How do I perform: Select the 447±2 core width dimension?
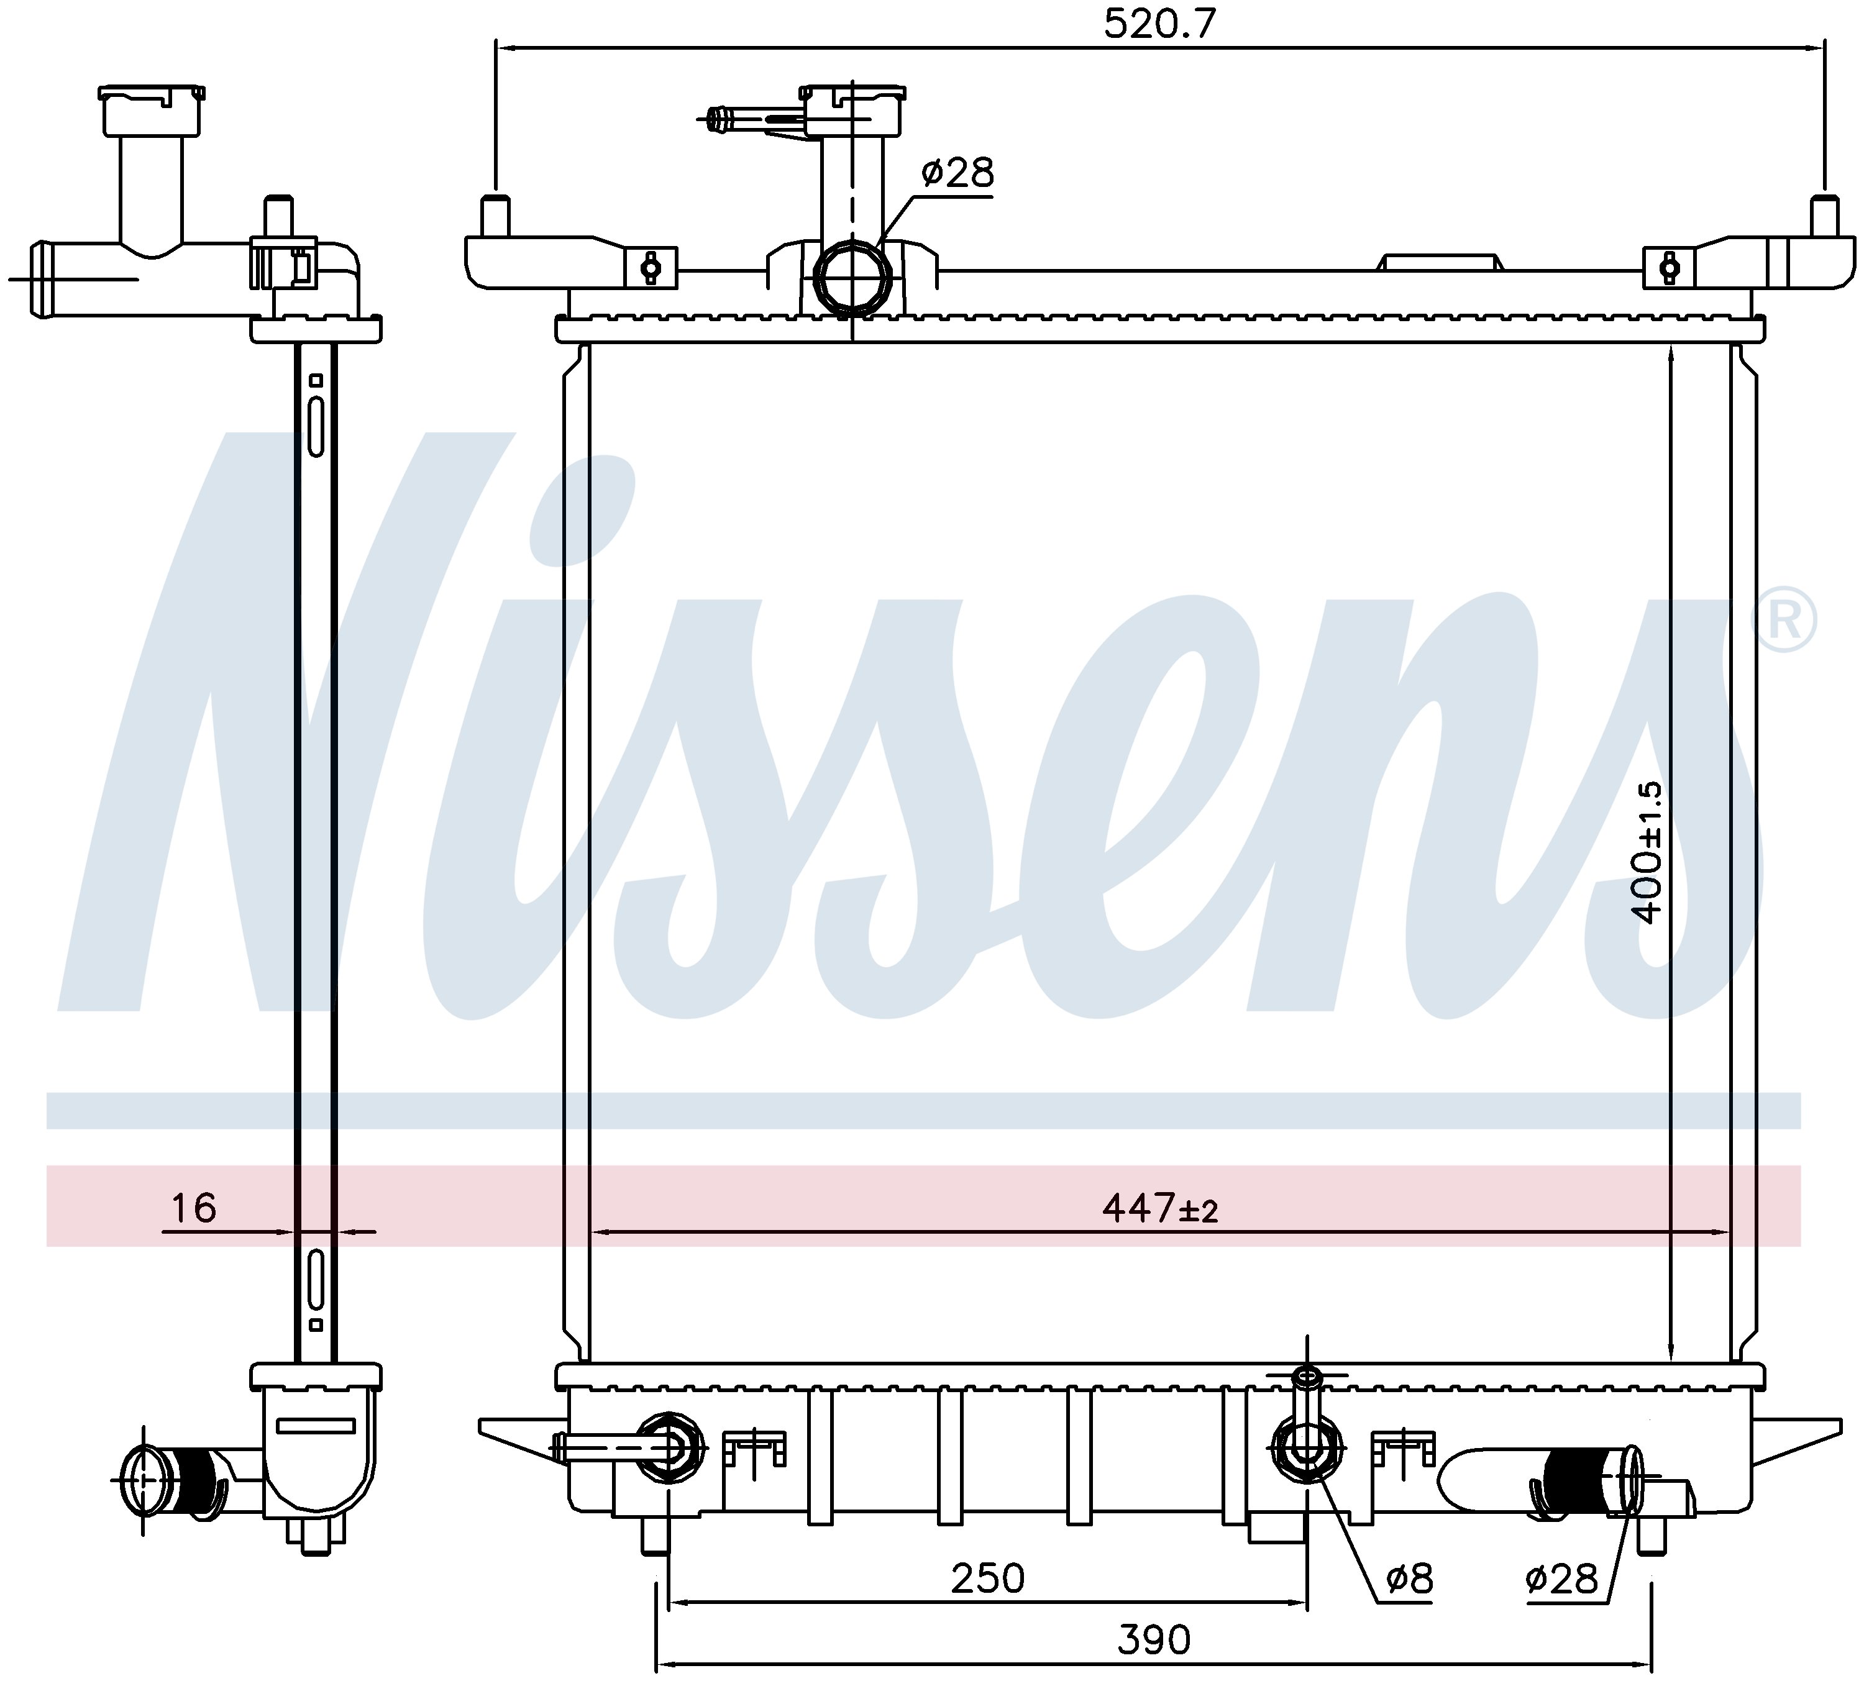1160,1208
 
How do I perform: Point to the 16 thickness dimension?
193,1208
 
